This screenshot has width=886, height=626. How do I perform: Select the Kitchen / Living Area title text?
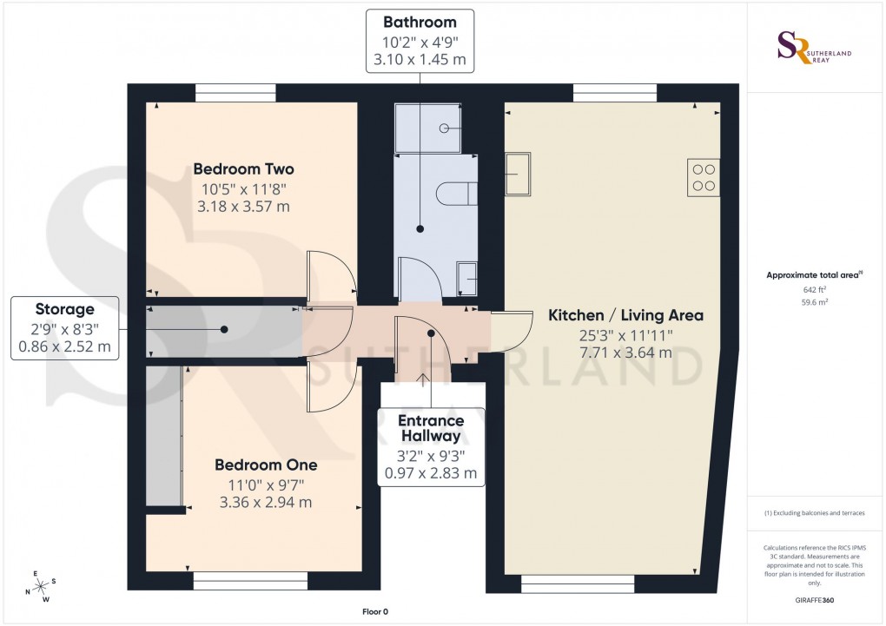[625, 315]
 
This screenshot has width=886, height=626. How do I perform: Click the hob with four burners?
[704, 177]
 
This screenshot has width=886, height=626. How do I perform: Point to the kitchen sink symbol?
[519, 176]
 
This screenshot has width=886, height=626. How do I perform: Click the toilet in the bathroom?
[457, 193]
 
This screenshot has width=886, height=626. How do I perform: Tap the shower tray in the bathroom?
[435, 128]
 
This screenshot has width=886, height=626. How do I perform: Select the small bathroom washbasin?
[466, 279]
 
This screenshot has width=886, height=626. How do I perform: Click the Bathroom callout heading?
[420, 22]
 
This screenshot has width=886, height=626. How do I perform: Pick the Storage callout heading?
[64, 308]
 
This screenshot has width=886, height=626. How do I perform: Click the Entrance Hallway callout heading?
[431, 428]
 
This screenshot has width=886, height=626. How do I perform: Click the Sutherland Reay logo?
[813, 47]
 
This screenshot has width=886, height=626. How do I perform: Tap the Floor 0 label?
[375, 612]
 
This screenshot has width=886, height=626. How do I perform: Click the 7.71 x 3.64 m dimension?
[625, 353]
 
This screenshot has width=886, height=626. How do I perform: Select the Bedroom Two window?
[235, 92]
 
